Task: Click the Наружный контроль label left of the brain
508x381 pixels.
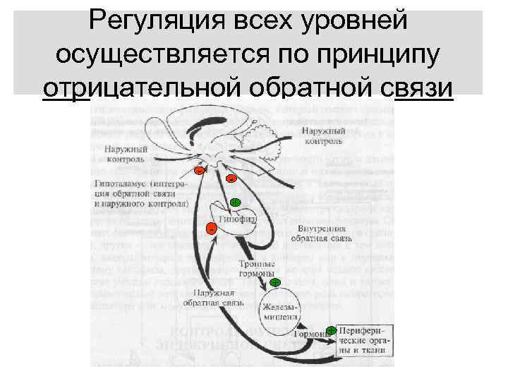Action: point(126,155)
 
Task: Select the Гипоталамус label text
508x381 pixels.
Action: point(141,192)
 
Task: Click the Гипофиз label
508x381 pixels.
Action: point(237,221)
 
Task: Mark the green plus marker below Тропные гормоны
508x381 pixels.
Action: point(275,282)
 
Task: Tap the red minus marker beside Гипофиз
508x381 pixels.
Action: point(210,228)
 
